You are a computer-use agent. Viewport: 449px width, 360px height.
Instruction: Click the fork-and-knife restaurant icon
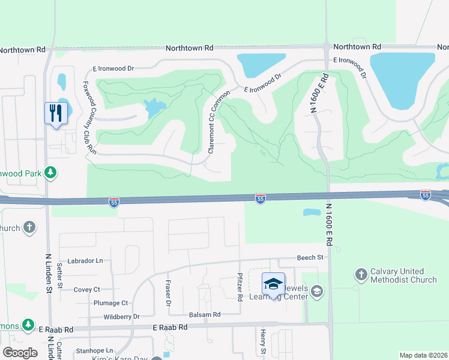click(x=54, y=112)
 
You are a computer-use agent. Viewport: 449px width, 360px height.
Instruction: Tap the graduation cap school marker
click(x=273, y=284)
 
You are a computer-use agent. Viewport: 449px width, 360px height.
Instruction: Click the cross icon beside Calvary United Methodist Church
click(x=360, y=274)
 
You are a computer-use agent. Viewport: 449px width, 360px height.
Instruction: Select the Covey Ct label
click(x=86, y=289)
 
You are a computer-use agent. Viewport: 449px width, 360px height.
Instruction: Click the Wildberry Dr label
click(x=121, y=316)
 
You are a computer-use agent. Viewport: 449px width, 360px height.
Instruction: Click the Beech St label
click(x=310, y=257)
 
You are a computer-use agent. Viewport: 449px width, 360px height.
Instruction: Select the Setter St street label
click(x=59, y=274)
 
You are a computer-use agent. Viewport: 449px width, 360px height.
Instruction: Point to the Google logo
click(x=20, y=352)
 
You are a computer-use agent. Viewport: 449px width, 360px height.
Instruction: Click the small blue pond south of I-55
click(x=312, y=212)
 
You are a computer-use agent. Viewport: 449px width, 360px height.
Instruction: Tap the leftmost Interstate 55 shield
click(x=114, y=203)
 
